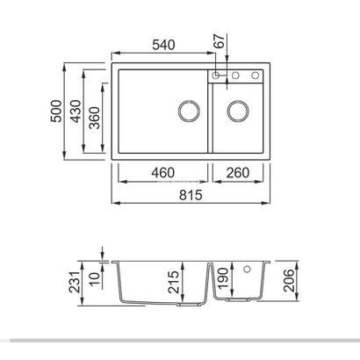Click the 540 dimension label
[163, 45]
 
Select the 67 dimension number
[220, 41]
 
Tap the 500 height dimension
[56, 112]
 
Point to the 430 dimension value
[76, 112]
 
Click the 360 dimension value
[95, 119]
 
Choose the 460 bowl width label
[162, 173]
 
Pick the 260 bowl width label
[238, 173]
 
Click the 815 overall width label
[191, 195]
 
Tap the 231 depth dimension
[75, 282]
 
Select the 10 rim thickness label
[95, 279]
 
